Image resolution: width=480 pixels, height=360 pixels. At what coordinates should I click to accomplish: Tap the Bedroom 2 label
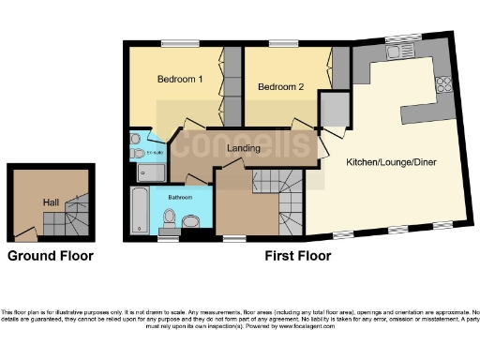(281, 87)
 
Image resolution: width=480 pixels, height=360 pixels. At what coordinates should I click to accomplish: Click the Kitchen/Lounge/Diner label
(384, 162)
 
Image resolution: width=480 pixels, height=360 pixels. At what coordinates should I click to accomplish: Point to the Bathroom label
(180, 198)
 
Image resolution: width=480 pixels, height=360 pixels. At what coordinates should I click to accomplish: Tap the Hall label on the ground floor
(50, 202)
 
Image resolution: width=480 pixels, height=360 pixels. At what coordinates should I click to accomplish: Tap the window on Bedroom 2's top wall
(281, 43)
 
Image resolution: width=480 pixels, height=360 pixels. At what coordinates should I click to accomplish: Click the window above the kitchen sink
(404, 38)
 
